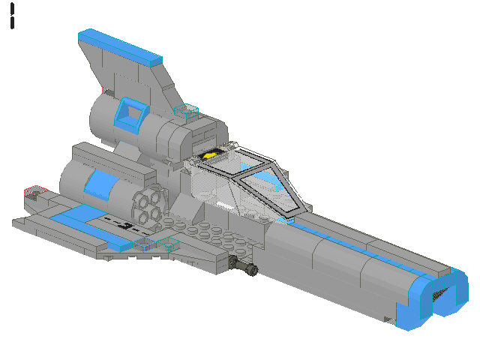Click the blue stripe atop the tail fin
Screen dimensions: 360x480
pos(120,46)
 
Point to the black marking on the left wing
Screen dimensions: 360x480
pos(124,223)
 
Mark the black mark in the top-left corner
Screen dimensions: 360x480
pos(13,15)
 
